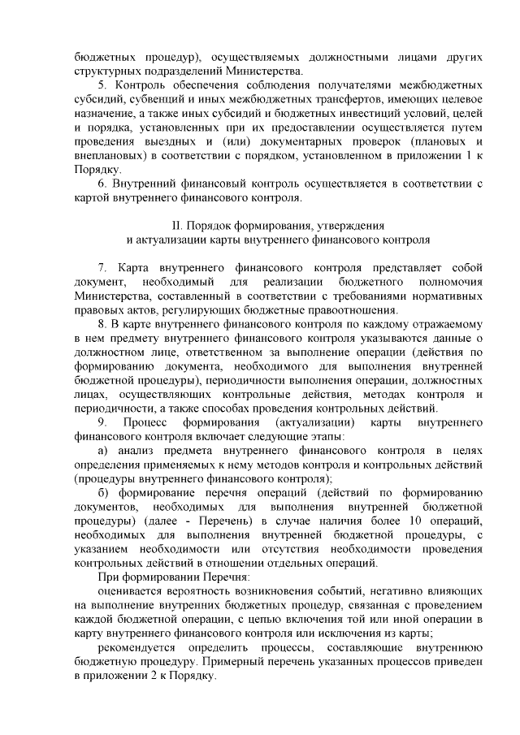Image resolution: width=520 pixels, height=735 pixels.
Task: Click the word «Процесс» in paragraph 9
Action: click(x=147, y=422)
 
